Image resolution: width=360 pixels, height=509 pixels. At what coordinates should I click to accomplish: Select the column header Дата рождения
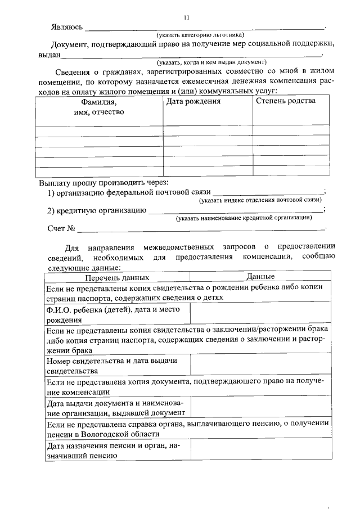(x=193, y=101)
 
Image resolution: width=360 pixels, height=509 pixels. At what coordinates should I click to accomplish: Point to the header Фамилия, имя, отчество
(x=99, y=107)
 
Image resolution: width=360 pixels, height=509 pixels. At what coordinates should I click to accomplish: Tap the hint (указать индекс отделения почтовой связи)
(x=261, y=200)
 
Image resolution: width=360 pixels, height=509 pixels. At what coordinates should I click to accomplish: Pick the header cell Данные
(x=260, y=277)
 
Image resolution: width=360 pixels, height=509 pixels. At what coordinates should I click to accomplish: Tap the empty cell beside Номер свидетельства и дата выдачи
(x=260, y=364)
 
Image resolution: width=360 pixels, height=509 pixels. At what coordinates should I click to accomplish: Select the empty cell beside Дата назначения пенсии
(x=260, y=451)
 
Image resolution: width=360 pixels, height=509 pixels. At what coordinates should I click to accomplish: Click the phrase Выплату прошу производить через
(x=103, y=183)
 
